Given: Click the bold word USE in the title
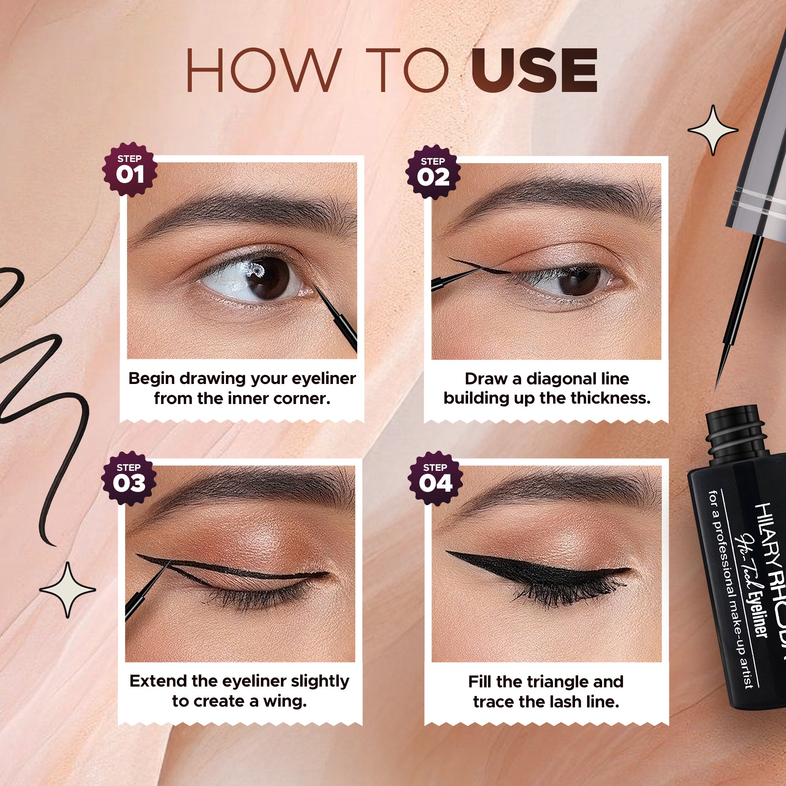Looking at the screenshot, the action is pos(534,70).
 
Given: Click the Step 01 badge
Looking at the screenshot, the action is pos(130,170).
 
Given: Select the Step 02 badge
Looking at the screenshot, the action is pos(433,172).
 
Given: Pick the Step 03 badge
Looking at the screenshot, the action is pos(129,478).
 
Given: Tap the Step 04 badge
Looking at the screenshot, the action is pos(435,478).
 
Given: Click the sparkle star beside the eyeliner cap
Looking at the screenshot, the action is pos(713,130).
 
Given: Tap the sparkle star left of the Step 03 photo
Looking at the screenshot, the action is pos(68,589).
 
